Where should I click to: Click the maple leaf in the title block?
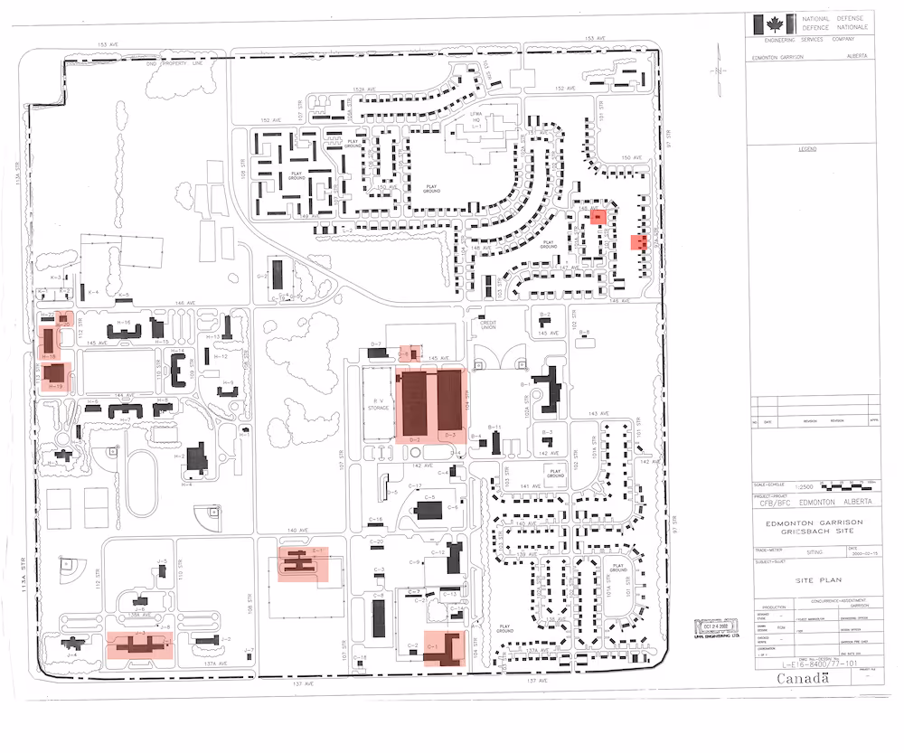[775, 24]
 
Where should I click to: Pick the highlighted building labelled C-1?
[446, 649]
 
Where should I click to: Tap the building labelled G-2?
[278, 272]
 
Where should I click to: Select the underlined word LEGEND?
[802, 147]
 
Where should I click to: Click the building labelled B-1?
[549, 386]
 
